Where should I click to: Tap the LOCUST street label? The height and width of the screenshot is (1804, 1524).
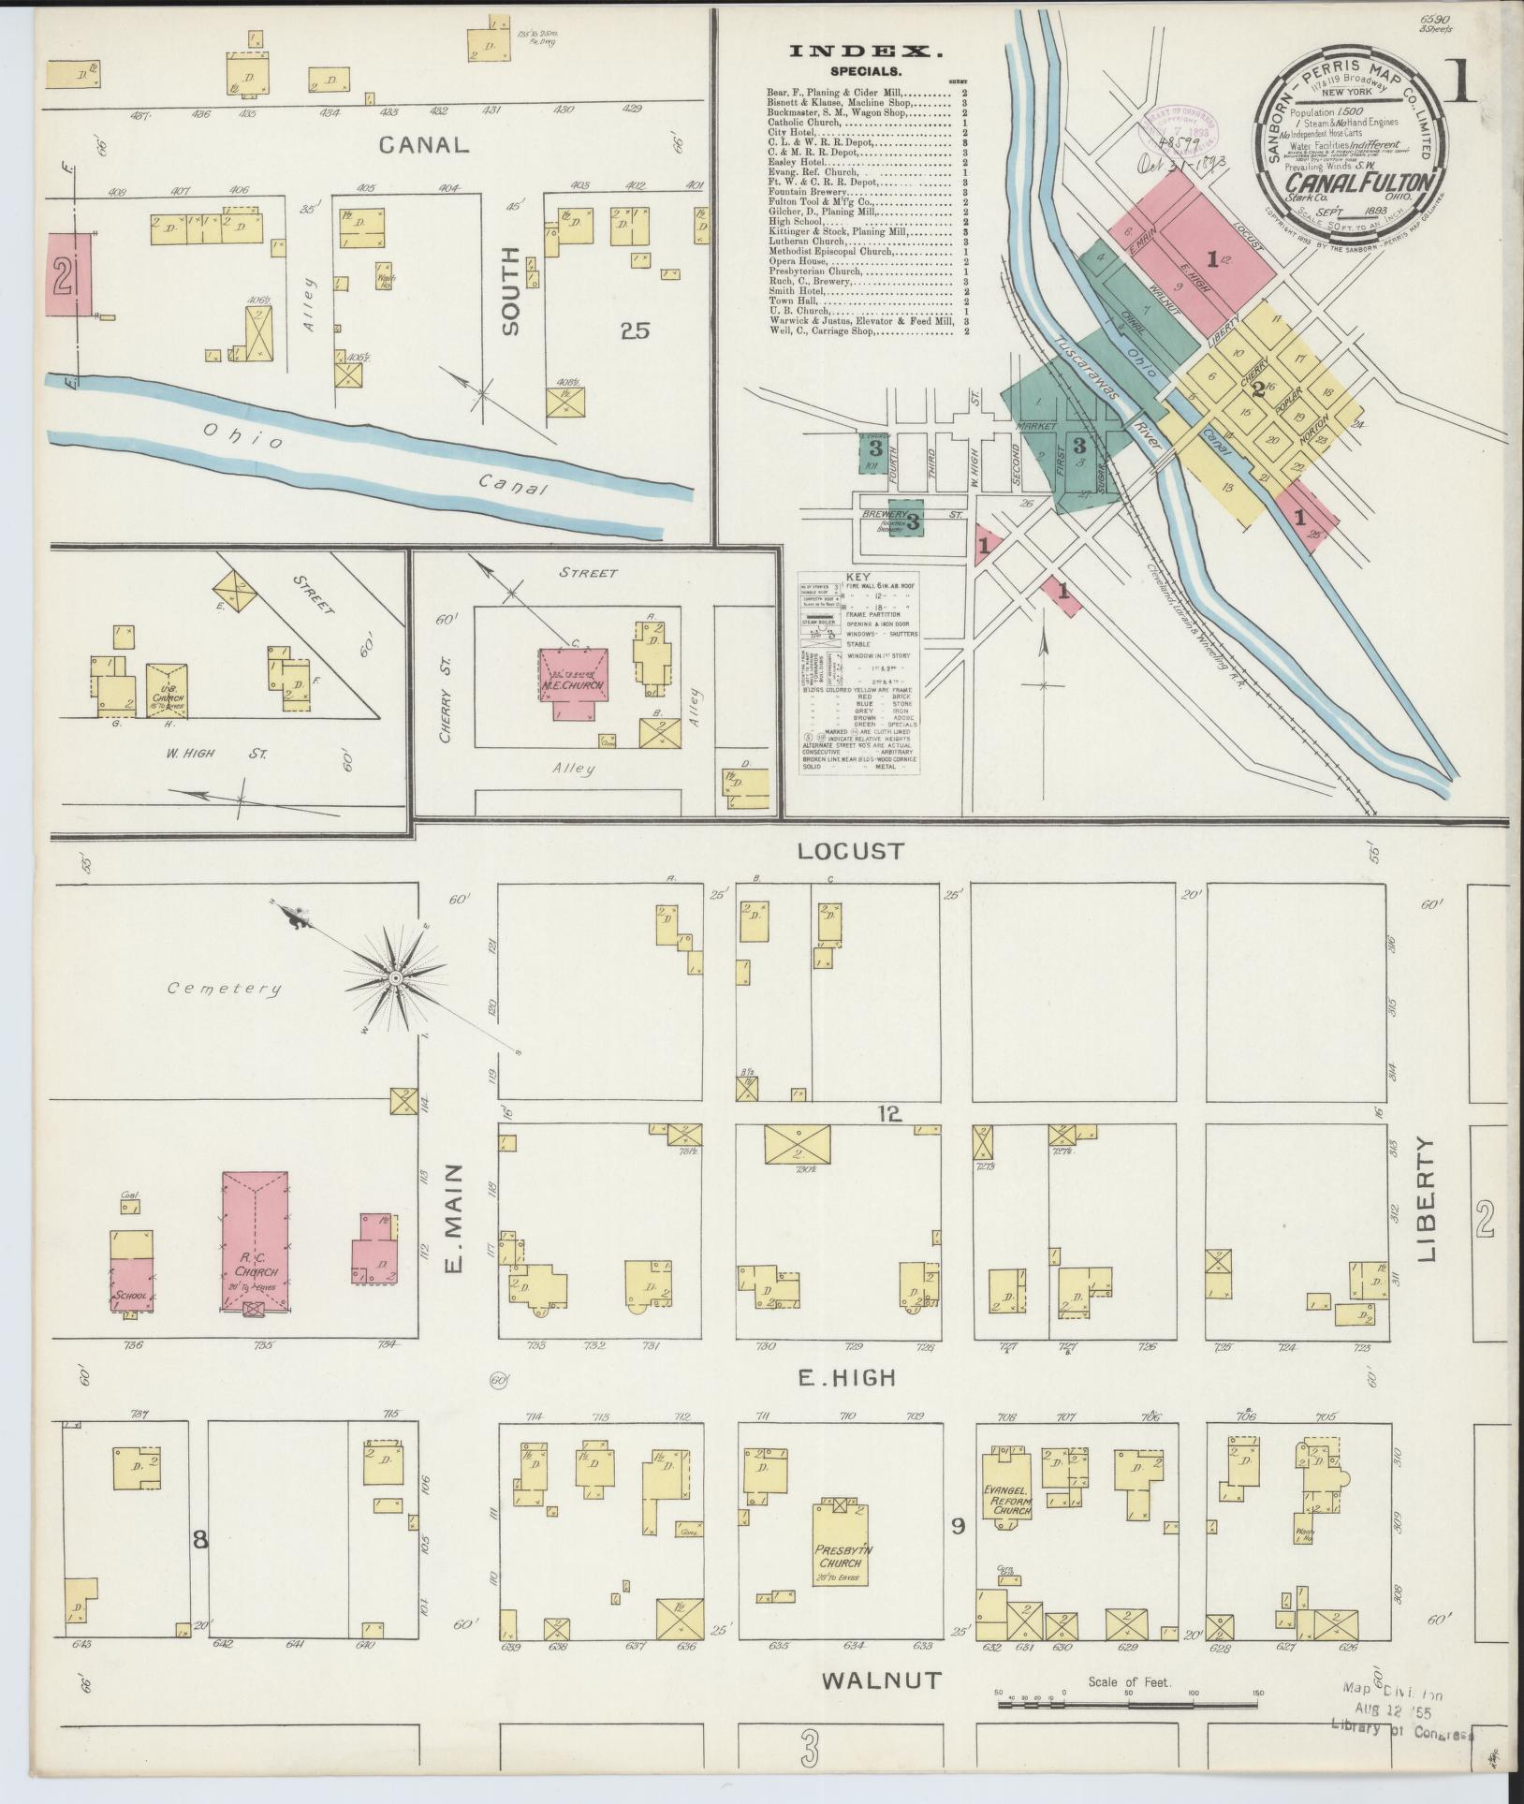[851, 851]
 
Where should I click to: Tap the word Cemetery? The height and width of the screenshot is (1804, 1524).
[225, 988]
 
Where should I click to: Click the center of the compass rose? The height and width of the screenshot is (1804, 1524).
[396, 977]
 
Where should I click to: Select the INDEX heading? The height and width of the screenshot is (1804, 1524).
[864, 52]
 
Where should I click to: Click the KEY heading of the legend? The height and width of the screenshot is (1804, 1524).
[857, 578]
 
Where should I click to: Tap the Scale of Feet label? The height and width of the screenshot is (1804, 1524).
[1129, 1682]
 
